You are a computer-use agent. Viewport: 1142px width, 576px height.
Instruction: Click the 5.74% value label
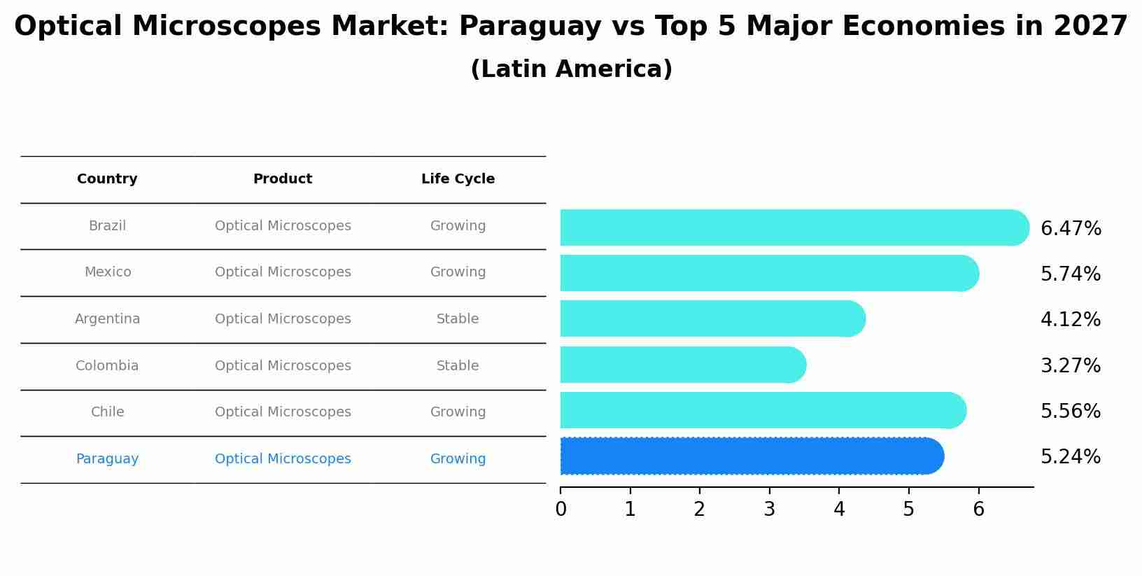click(1070, 274)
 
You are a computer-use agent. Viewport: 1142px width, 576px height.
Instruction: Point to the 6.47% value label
click(1071, 229)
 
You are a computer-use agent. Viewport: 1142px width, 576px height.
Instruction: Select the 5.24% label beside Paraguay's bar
click(1070, 457)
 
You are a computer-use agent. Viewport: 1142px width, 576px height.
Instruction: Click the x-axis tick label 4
click(839, 510)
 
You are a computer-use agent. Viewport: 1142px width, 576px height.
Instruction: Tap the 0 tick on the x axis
click(561, 510)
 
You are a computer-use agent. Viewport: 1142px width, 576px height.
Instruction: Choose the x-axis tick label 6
click(978, 510)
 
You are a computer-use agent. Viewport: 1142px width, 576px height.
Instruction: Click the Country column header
click(107, 179)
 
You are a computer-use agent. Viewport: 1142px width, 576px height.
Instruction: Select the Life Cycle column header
click(458, 179)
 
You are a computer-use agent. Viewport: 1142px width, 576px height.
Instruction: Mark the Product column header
click(283, 179)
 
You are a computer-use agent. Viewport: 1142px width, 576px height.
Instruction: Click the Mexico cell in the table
click(108, 272)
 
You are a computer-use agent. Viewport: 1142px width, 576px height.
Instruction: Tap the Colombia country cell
click(107, 366)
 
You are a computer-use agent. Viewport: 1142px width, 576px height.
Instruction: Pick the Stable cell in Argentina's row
click(458, 319)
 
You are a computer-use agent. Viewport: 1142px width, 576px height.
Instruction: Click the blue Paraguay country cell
click(107, 459)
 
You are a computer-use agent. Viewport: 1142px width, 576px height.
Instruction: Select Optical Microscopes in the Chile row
click(283, 412)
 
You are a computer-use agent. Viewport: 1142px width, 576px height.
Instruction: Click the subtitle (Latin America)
click(571, 69)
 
